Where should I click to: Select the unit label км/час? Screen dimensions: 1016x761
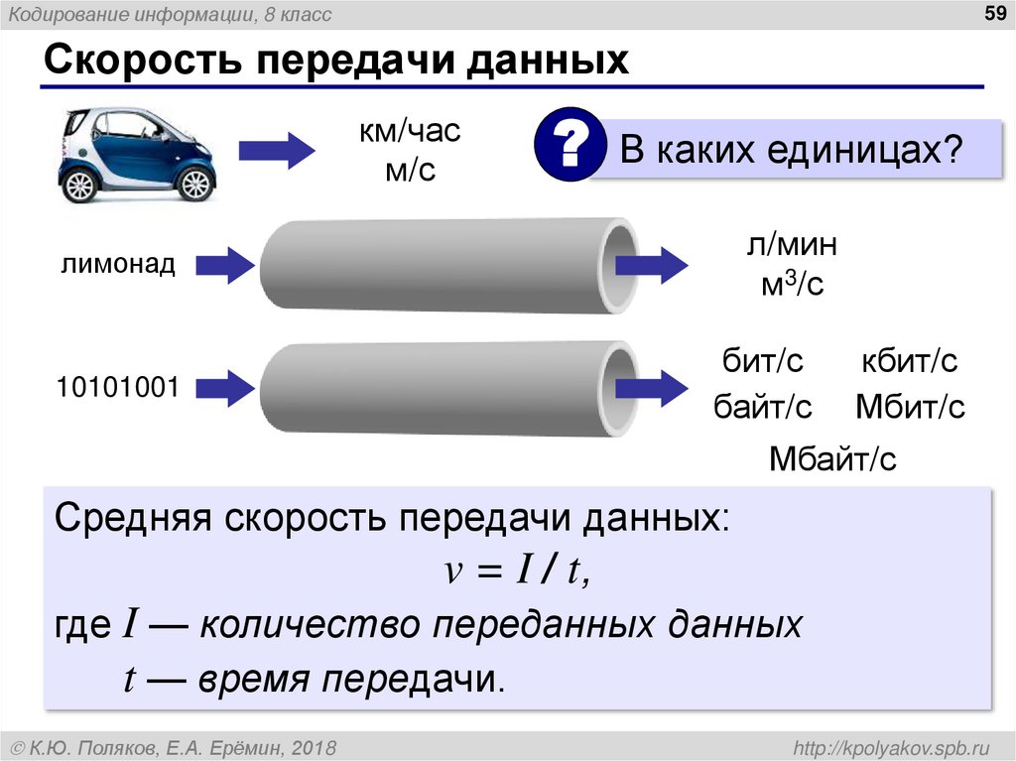click(x=411, y=131)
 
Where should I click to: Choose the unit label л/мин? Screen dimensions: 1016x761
click(x=793, y=244)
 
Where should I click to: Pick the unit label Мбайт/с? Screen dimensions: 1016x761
click(x=832, y=458)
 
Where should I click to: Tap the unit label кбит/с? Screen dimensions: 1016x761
click(x=909, y=361)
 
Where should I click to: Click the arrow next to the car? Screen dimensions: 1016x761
click(x=277, y=151)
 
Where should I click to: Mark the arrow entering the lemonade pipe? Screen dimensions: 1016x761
click(x=225, y=265)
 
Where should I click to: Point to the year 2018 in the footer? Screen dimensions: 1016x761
click(x=315, y=745)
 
